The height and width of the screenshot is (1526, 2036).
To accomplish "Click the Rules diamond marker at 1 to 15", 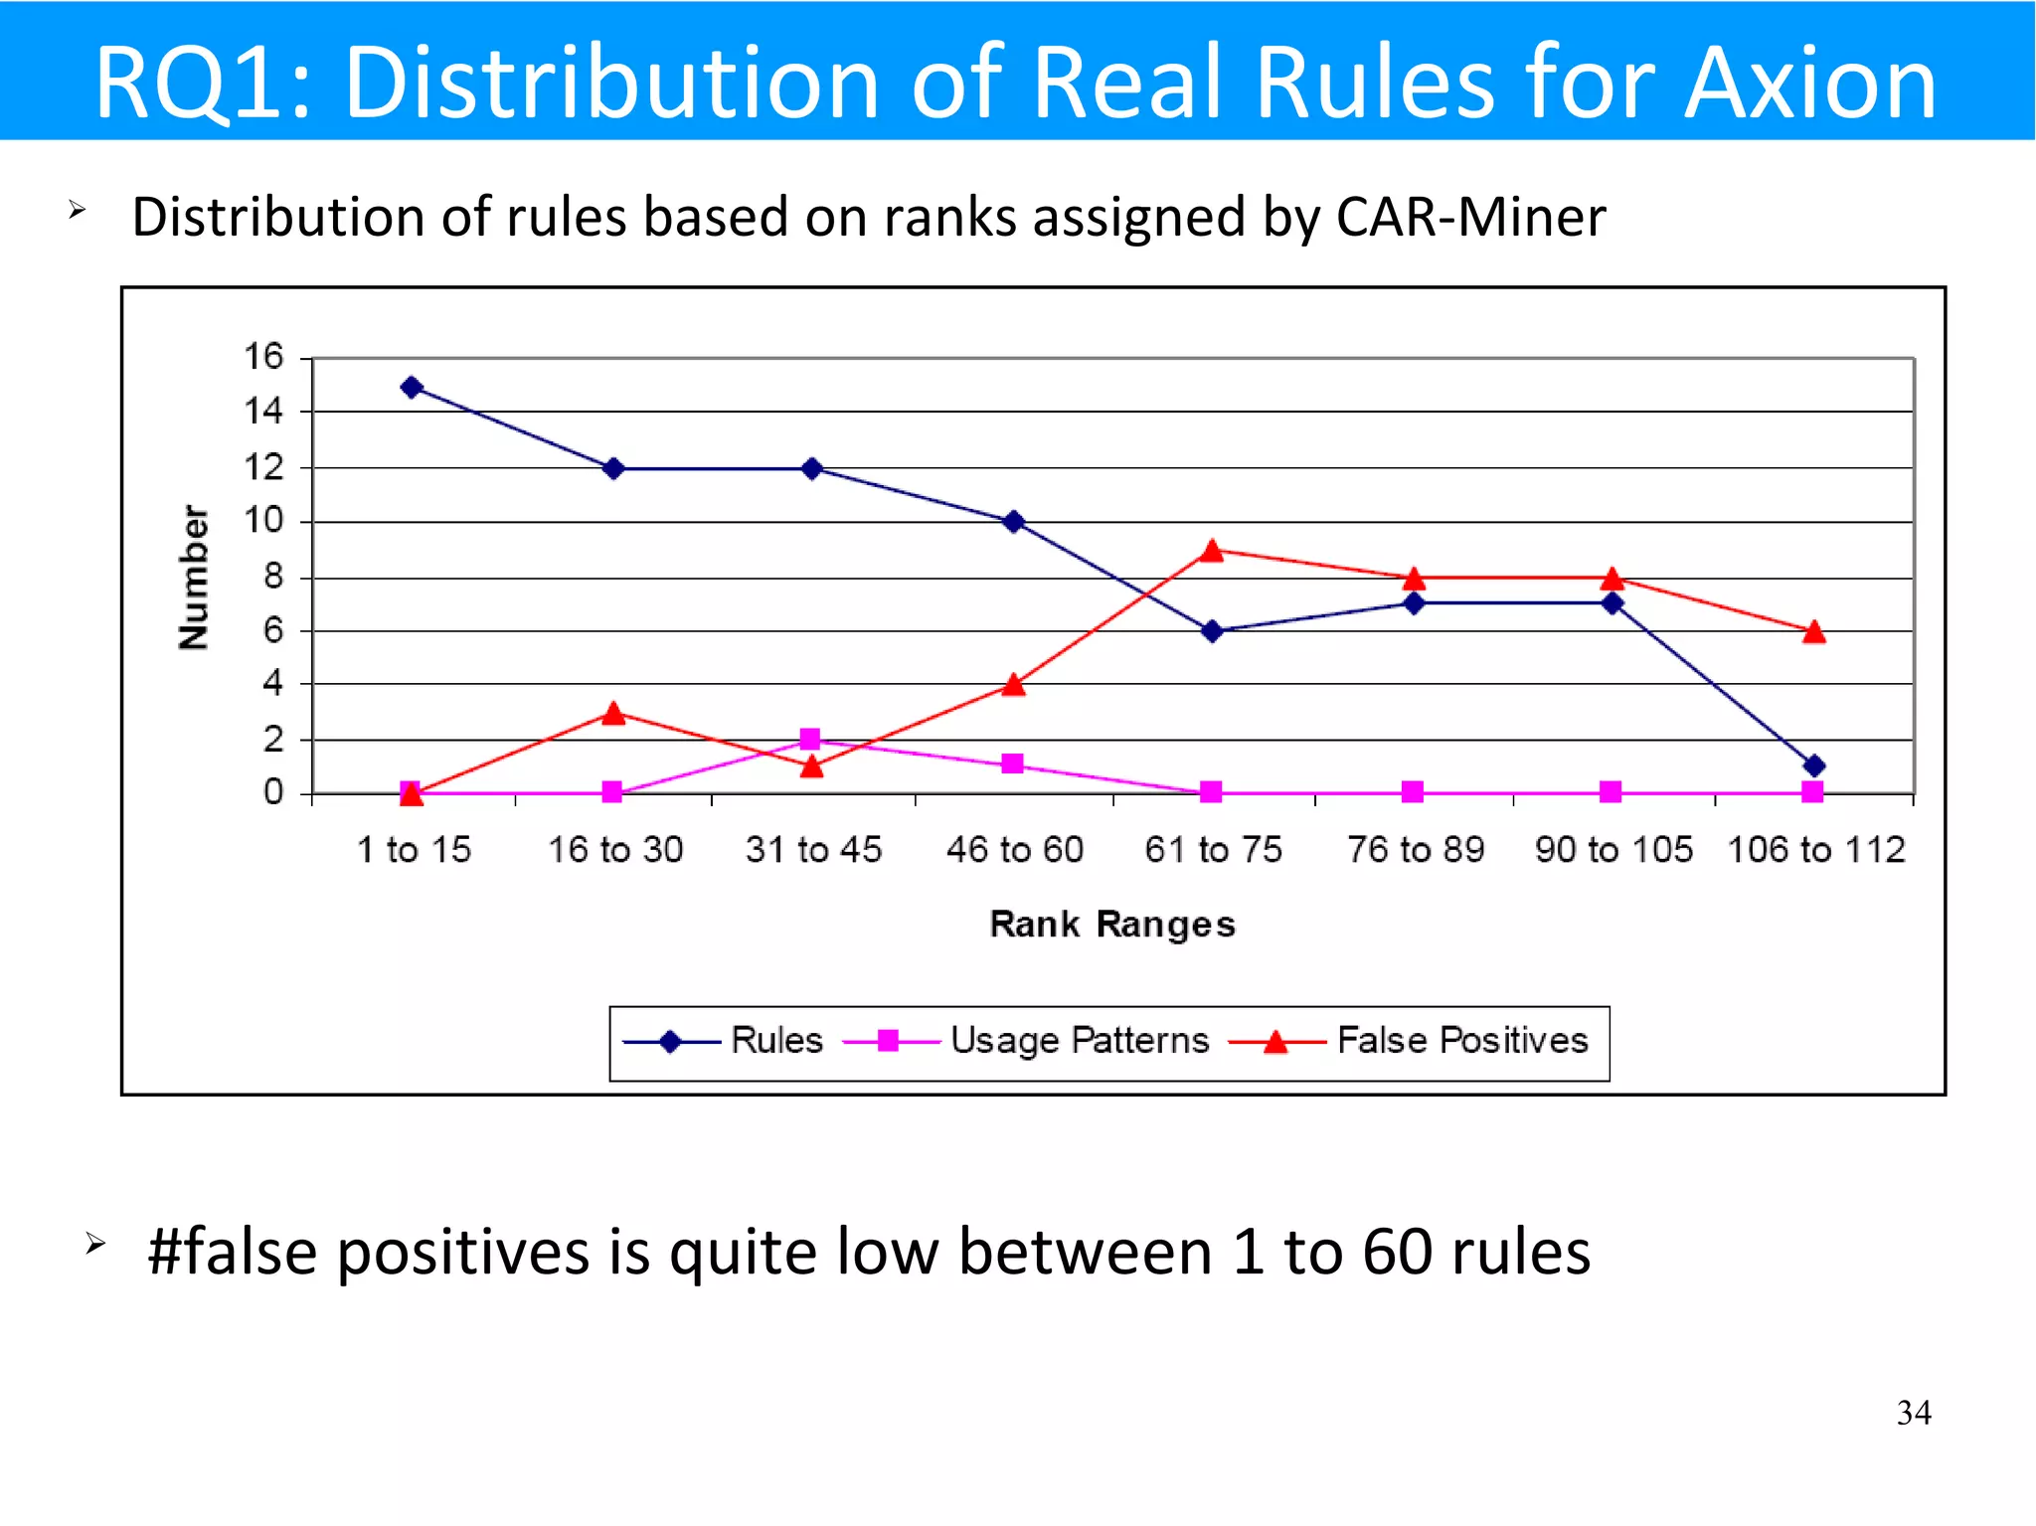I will (x=412, y=387).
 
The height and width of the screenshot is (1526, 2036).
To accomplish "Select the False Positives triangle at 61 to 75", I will (x=1211, y=551).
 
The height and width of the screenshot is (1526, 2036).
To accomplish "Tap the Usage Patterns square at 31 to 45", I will (x=810, y=739).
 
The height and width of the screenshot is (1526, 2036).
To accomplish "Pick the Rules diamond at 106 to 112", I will (x=1813, y=765).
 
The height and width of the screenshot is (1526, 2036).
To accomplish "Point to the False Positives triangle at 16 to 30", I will (x=613, y=713).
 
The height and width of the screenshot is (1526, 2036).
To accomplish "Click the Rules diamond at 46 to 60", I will (x=1013, y=521).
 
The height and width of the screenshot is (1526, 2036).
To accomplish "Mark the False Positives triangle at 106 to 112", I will (x=1813, y=632).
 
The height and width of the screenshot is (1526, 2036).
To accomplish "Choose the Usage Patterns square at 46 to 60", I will (x=1012, y=763).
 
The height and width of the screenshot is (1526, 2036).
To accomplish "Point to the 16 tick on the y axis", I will (x=263, y=356).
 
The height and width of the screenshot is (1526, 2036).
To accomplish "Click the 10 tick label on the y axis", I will (x=263, y=520).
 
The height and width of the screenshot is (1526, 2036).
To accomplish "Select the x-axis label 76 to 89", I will (x=1415, y=850).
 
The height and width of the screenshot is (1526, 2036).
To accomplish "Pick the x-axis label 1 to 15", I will (x=414, y=850).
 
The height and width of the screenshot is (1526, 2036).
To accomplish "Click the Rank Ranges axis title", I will (x=1112, y=925).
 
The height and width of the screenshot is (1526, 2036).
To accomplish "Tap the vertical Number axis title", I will (x=194, y=577).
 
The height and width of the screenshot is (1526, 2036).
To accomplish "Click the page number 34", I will (x=1913, y=1413).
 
